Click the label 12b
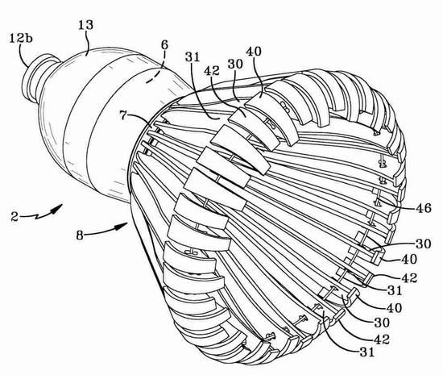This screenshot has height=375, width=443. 21,38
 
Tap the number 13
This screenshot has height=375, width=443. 85,25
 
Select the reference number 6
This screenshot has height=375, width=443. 164,45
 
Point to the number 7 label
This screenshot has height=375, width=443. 122,115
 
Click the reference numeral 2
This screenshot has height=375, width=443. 14,217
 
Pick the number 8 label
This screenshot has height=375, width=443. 80,235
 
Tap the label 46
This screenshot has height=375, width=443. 424,208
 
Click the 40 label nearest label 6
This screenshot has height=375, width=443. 254,52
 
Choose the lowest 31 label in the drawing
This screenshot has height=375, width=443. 366,352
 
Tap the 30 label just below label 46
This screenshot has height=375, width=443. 423,244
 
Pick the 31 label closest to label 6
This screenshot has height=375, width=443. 193,56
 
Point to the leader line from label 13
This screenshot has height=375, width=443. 88,43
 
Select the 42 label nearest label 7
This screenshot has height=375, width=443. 212,70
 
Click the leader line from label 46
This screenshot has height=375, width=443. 396,202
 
